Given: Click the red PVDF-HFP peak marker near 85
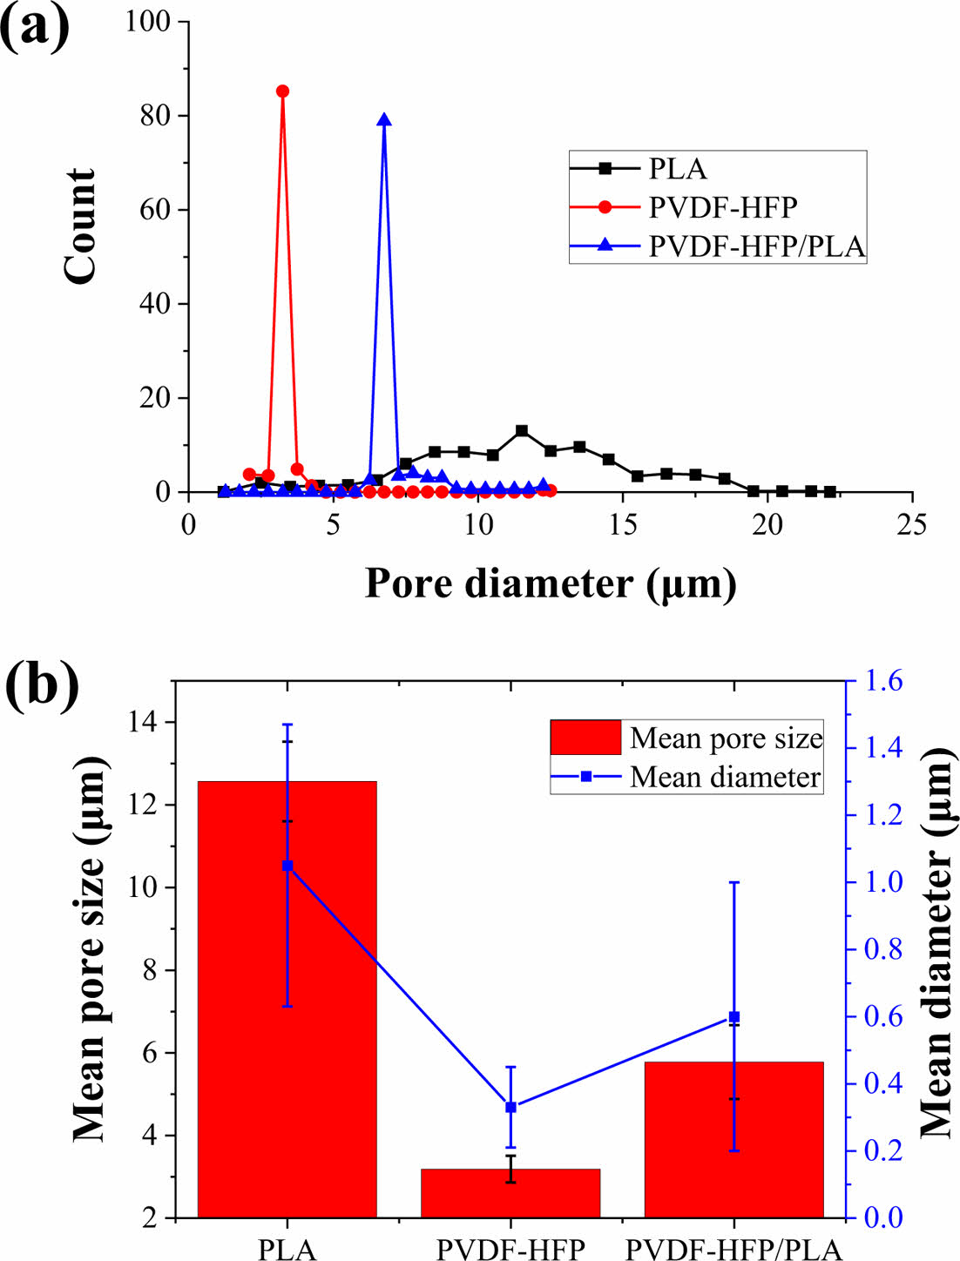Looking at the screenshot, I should tap(282, 91).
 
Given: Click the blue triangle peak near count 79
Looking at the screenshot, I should tap(384, 120).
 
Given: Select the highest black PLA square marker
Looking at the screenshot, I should tap(522, 431).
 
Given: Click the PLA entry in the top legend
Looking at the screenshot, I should tap(678, 169).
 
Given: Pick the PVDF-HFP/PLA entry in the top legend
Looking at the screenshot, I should tap(756, 246).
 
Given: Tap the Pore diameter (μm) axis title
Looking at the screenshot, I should tap(551, 583).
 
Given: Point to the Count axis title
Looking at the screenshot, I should tap(79, 226).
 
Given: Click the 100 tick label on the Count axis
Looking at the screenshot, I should tap(148, 22).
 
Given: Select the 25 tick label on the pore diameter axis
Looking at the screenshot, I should tap(911, 525).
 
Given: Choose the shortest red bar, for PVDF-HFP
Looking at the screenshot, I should tap(510, 1193).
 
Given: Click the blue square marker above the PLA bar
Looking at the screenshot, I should tap(287, 866).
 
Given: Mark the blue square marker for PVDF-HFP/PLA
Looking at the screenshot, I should tap(734, 1016).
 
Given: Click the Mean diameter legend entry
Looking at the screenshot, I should tap(725, 776).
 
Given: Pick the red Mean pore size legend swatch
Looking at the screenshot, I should tap(585, 738).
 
